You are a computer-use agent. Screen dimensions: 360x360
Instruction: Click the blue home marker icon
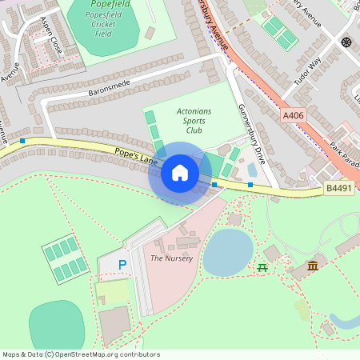[180, 173]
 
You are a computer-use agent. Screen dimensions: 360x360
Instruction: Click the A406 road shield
[293, 116]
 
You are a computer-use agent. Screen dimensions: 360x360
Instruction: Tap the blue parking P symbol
[122, 264]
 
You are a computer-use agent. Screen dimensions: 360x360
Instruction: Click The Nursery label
[166, 258]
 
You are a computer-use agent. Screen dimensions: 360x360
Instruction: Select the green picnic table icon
[262, 266]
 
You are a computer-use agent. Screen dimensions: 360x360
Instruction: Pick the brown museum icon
[313, 265]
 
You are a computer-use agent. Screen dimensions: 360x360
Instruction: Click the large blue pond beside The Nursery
[227, 251]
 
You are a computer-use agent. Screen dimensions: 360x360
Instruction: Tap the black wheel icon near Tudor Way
[346, 42]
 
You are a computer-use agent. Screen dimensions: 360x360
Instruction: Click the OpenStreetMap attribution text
[80, 354]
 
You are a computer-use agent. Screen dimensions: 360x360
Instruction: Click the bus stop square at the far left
[22, 141]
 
